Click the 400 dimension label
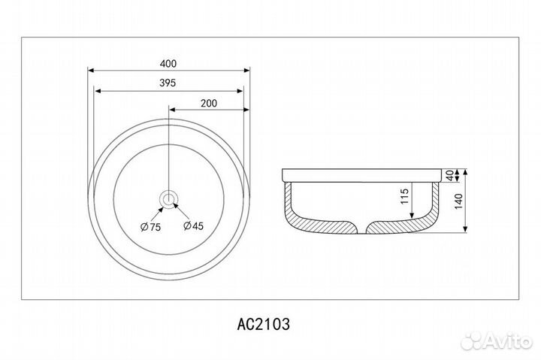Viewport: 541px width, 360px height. (x=168, y=64)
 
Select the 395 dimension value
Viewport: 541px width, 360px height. (x=168, y=83)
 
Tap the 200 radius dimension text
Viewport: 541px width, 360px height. (x=209, y=103)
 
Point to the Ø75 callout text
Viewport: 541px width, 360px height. (x=151, y=227)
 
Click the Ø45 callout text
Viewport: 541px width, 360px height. (x=194, y=225)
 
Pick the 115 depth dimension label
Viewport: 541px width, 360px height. (x=404, y=196)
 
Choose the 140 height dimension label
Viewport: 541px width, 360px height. (x=458, y=201)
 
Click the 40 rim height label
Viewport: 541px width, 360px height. (x=449, y=175)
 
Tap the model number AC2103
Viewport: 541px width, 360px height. (x=264, y=324)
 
